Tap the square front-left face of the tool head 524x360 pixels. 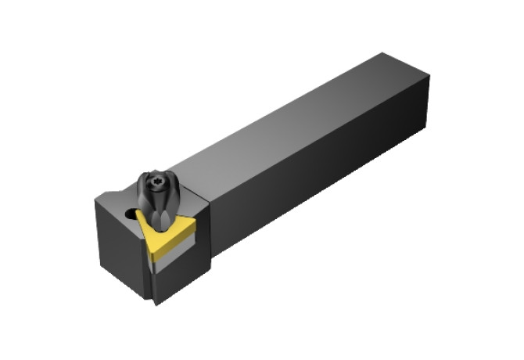coord(121,250)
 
